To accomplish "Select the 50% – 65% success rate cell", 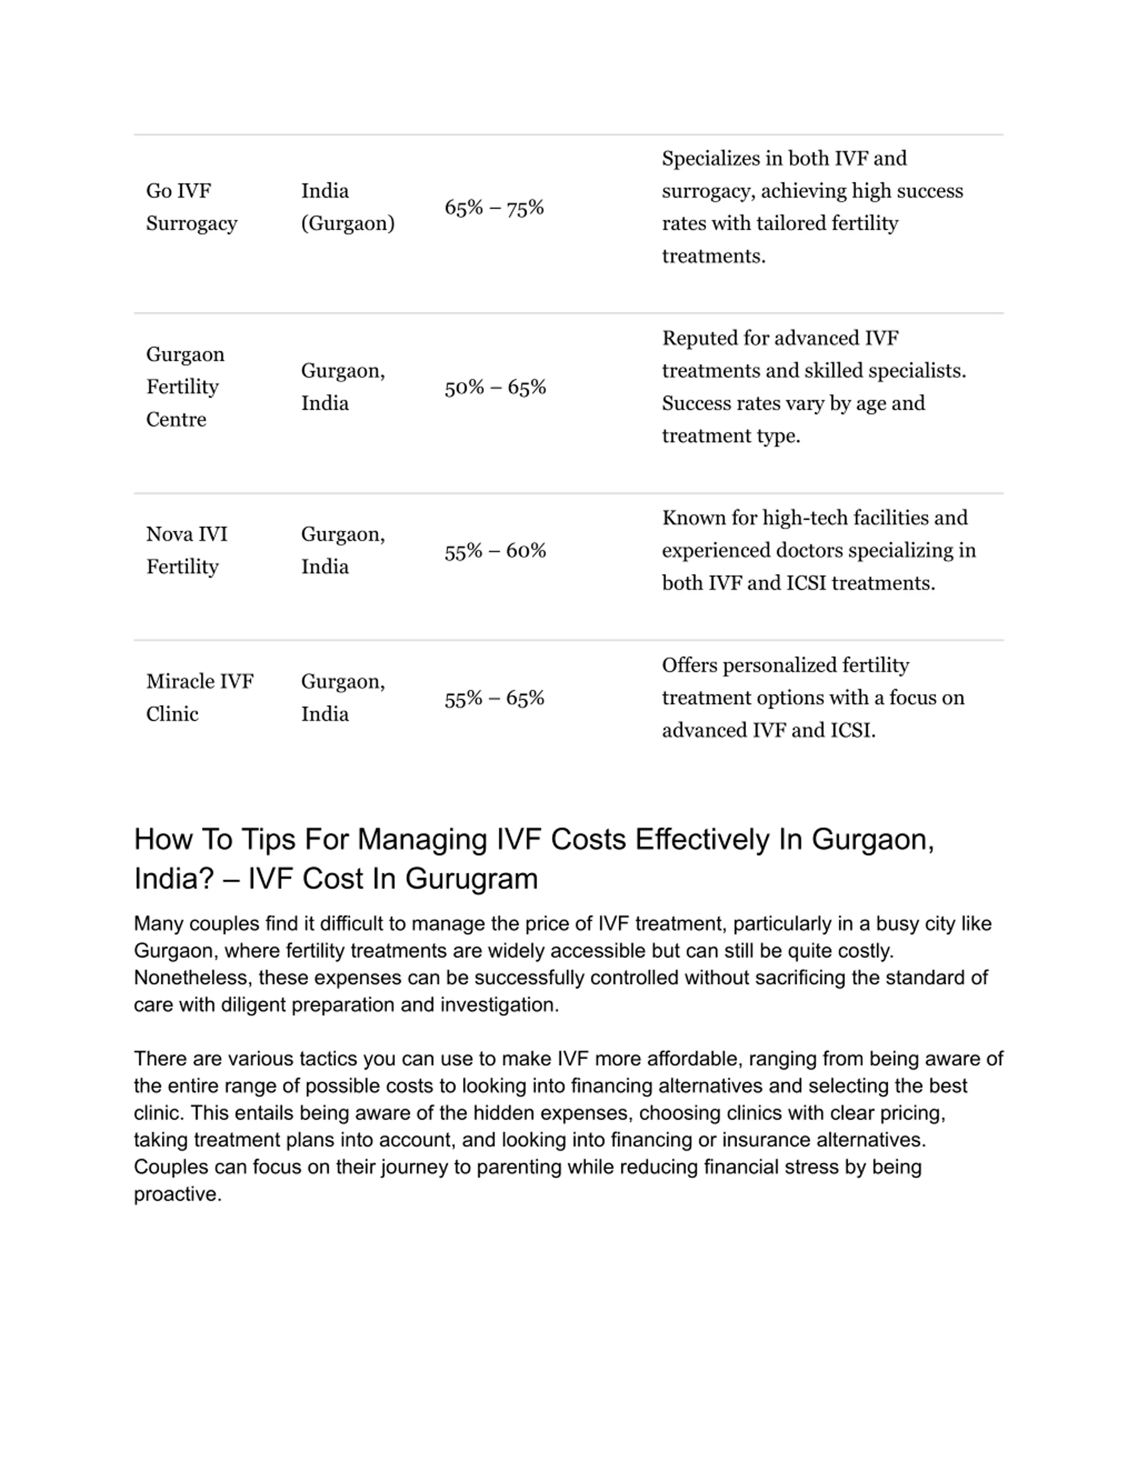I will point(495,387).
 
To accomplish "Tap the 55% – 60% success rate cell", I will point(495,551).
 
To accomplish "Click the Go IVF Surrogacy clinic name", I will point(192,207).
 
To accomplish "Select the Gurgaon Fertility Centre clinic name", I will point(185,387).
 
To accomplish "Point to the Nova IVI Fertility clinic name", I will point(187,550).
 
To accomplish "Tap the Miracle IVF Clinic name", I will point(200,698).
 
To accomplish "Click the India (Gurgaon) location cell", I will point(347,207).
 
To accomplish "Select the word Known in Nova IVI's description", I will point(689,518).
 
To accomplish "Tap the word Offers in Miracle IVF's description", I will point(689,665).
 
